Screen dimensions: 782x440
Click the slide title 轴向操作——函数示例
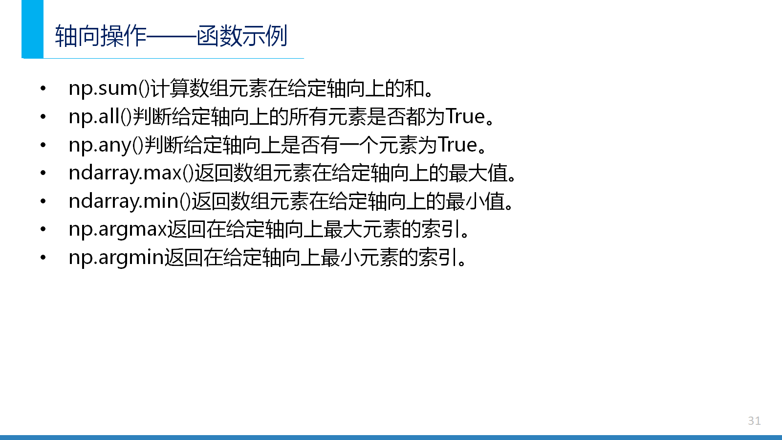(171, 36)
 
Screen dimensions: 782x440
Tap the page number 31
(755, 421)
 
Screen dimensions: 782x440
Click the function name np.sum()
(109, 88)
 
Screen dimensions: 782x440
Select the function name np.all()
(100, 117)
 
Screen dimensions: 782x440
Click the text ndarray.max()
(131, 174)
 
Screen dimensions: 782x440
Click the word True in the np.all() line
(466, 117)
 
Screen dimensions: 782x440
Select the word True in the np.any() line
(457, 145)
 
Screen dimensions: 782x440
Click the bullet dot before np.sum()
(43, 88)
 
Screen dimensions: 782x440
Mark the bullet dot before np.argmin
(43, 258)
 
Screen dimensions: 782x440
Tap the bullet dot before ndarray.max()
(43, 173)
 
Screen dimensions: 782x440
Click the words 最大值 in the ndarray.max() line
(478, 173)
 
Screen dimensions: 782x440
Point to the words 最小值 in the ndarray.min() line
(475, 201)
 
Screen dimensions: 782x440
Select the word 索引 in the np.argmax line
(440, 230)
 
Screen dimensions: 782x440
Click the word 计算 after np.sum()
(170, 88)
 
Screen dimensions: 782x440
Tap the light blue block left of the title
(32, 29)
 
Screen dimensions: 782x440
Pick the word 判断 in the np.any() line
(163, 145)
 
